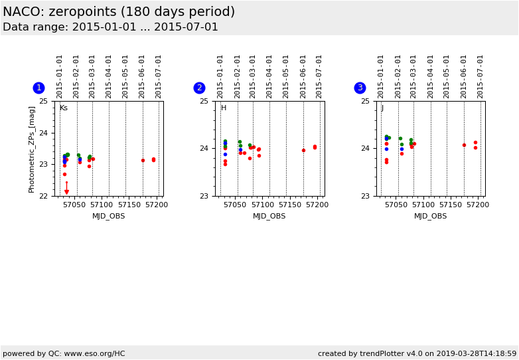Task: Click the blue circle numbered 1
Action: (38, 88)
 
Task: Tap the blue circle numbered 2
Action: (199, 88)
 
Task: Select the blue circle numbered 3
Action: (360, 88)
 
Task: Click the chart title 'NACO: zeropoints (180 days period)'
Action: (119, 12)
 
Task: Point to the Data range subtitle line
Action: (110, 27)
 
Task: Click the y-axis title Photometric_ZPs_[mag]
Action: (32, 149)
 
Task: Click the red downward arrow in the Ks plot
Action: (66, 189)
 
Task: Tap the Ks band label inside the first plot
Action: (64, 108)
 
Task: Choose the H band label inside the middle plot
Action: (224, 108)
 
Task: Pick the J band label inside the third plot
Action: (382, 108)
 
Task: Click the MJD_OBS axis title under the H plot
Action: (269, 216)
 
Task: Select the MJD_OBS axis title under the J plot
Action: (430, 216)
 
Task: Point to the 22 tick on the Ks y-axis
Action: (43, 196)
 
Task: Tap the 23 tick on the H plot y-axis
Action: (204, 196)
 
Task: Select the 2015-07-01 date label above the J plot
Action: (481, 76)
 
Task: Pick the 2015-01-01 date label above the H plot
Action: (220, 76)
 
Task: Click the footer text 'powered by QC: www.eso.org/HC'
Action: (64, 353)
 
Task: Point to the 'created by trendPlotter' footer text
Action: (417, 353)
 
